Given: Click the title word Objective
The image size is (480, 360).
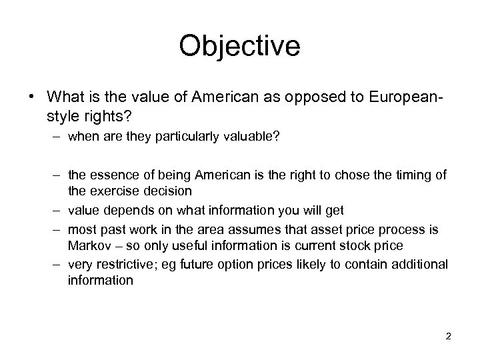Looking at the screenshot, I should tap(240, 47).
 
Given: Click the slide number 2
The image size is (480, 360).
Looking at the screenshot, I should tap(449, 336).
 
